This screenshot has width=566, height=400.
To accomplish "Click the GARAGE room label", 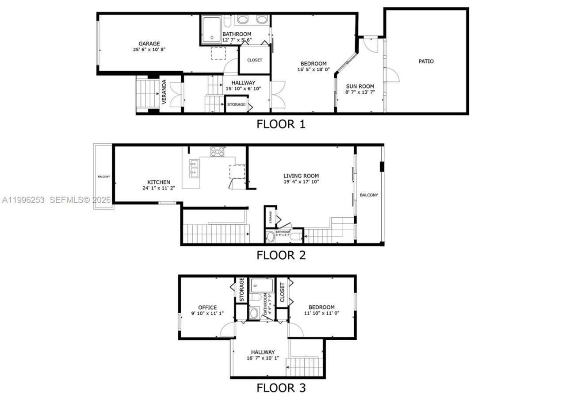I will coord(149,44).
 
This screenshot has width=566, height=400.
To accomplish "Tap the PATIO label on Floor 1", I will coord(426,62).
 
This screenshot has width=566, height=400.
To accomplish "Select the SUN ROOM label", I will coord(359,86).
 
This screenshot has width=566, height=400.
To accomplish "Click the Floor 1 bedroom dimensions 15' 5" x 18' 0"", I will coord(314,69).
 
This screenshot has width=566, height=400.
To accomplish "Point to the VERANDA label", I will coord(164,92).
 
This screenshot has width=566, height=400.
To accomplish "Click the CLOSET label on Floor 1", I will coord(255,60).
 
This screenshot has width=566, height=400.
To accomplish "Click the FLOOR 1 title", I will coord(281,124).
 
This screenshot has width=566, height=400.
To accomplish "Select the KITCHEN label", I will coord(159,182).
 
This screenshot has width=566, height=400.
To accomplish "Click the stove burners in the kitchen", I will coord(217,152).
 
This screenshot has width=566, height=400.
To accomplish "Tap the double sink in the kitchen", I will coord(193,168).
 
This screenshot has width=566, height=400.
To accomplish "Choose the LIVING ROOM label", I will coord(301,176).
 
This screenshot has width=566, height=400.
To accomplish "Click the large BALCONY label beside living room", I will coord(369,195).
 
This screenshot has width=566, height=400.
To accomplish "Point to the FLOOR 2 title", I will coord(281,255).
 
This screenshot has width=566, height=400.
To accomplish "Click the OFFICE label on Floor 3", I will coord(207,308).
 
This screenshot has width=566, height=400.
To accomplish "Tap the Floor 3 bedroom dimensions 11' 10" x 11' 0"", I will coord(321,313).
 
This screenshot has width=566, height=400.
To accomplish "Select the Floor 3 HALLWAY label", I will coord(263,352).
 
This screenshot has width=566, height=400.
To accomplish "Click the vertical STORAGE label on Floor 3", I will coord(242,289).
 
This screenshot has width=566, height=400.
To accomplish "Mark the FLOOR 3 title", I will coord(281,388).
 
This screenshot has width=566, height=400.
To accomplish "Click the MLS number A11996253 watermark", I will coord(23,200).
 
